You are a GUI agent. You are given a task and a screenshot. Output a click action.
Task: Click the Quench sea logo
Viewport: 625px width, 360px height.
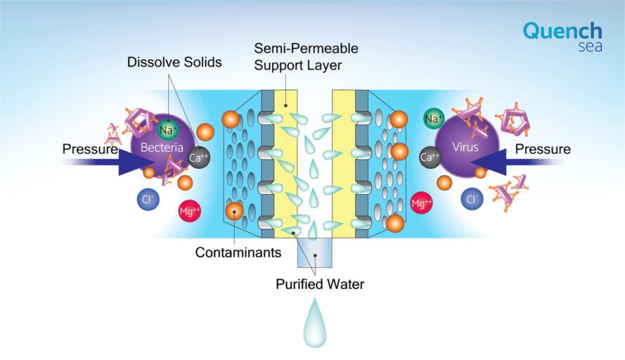pos(562,37)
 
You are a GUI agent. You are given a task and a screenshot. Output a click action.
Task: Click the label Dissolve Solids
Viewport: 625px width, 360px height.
pos(174,62)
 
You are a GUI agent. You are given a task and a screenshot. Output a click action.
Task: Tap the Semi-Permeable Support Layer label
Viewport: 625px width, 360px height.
pos(306,57)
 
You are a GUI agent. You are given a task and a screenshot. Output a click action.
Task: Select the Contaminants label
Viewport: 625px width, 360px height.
pos(238,252)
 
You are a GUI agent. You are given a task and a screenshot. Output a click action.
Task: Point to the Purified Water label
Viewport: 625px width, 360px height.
pos(320,284)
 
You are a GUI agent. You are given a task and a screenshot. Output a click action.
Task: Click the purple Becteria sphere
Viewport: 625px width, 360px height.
pos(162,146)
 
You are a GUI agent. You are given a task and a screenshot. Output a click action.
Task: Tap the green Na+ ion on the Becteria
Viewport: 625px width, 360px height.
pos(168,129)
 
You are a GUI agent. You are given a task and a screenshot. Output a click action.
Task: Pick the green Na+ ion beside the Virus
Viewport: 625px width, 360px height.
pos(434,119)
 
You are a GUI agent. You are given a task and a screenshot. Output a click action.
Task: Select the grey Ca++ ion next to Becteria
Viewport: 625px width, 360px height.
pos(198,157)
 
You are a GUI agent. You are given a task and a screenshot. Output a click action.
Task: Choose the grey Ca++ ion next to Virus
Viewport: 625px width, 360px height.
pos(430,157)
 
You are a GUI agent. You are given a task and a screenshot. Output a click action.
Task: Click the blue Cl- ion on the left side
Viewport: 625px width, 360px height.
pos(148,199)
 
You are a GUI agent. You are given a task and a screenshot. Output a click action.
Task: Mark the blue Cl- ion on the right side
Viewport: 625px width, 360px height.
pos(472,199)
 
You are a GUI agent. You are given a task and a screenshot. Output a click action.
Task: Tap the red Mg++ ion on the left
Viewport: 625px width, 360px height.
pos(189,211)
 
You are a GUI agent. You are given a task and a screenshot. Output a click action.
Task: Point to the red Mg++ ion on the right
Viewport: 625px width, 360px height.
pos(422,203)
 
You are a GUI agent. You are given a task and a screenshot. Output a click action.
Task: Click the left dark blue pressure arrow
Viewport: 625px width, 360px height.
pos(110,162)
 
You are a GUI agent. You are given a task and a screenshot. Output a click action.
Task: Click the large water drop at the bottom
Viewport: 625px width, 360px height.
pos(315,323)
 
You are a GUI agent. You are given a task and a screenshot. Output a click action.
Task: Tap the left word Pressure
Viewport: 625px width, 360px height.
pos(90,149)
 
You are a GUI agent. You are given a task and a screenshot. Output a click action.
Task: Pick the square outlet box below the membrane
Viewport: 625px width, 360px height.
pos(315,252)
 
